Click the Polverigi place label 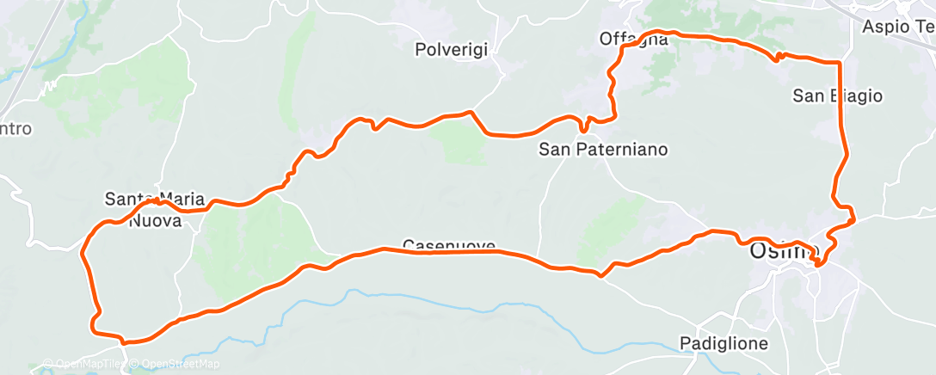pos(452,50)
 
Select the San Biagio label pos(837,95)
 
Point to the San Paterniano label pos(602,150)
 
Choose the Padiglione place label pos(724,343)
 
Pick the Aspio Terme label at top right pos(898,27)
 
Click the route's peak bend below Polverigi pos(470,112)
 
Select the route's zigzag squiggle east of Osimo pos(847,215)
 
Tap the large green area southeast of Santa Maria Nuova pos(249,241)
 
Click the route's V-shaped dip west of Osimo pos(602,274)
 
